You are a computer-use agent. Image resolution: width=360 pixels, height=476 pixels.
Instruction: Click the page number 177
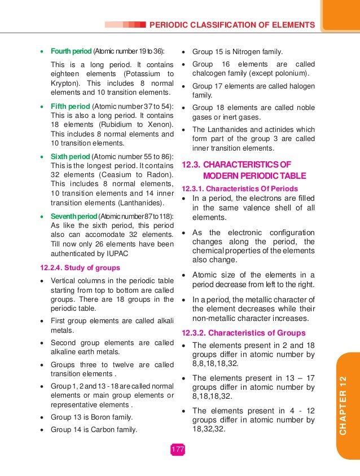178,449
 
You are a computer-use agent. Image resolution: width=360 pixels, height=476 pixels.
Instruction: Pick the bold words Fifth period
70,106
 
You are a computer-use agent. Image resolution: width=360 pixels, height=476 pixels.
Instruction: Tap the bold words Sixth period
70,156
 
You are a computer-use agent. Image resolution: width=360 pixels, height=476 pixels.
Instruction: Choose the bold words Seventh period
73,217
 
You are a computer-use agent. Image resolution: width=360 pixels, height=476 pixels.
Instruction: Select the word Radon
160,174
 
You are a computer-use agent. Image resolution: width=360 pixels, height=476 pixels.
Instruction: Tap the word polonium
292,74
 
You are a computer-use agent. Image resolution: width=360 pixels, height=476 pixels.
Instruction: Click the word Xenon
160,124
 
